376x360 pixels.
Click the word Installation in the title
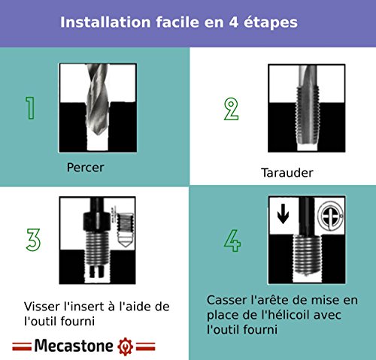(105, 22)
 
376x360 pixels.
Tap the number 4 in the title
(233, 23)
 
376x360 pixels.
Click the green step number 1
(30, 108)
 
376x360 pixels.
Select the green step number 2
(231, 109)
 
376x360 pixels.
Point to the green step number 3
(33, 240)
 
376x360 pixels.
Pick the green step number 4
(232, 241)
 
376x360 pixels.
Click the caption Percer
(85, 168)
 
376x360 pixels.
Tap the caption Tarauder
(287, 173)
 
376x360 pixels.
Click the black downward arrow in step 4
(283, 213)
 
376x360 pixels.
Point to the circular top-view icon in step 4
(330, 216)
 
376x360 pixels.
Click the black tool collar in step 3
(96, 222)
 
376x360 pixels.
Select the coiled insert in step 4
(307, 255)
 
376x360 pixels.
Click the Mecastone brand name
(74, 346)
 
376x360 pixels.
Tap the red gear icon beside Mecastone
(125, 346)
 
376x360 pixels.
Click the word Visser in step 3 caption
(42, 307)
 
